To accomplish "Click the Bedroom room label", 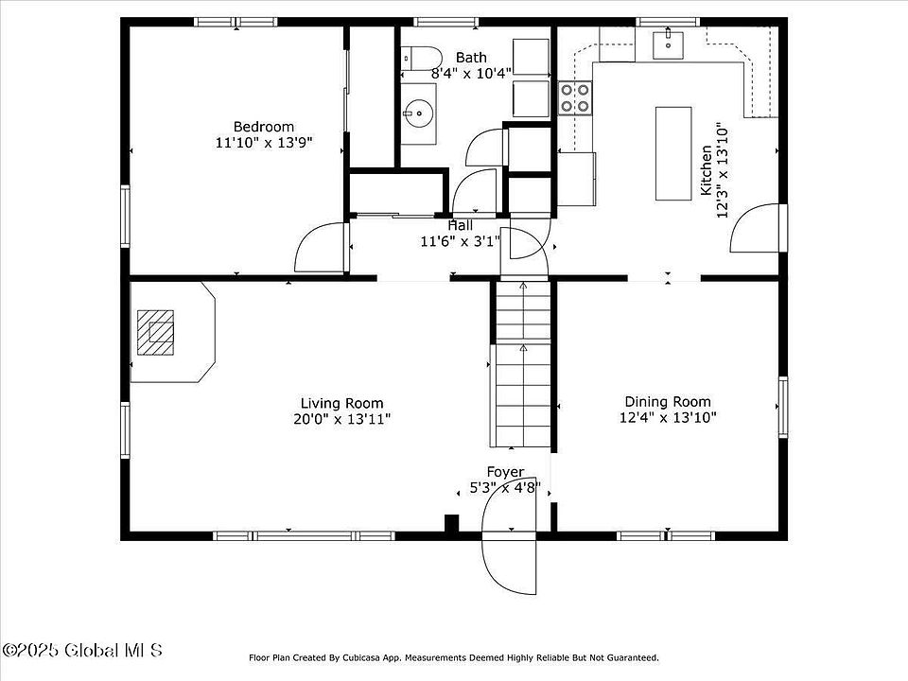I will (x=264, y=127).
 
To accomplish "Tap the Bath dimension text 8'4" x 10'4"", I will (x=471, y=73).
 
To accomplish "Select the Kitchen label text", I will (x=707, y=170).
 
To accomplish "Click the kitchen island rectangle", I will (x=673, y=153).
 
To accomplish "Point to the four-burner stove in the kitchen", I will (x=576, y=97).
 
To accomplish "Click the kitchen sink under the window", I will (x=670, y=42).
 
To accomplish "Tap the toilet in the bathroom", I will (x=419, y=58).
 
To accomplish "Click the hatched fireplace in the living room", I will (x=156, y=331).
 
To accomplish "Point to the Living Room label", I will (x=342, y=403).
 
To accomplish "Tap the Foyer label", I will (x=505, y=472).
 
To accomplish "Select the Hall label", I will (x=461, y=225).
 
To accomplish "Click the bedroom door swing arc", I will (x=320, y=248).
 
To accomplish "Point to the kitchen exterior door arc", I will (x=755, y=229).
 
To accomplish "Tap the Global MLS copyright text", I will (x=82, y=651).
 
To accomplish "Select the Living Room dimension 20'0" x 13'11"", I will (x=342, y=418).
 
